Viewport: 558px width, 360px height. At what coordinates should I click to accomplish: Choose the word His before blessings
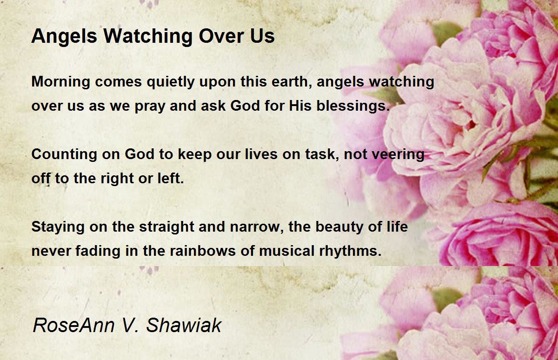click(x=300, y=105)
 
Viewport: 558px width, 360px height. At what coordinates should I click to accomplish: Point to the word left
click(x=171, y=178)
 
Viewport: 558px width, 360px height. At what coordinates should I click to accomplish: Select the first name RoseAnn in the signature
click(x=74, y=325)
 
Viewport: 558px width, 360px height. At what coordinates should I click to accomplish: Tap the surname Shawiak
click(x=184, y=325)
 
